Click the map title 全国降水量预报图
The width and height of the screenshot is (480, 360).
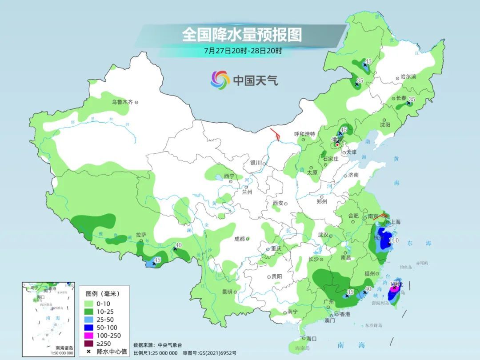pos(242,34)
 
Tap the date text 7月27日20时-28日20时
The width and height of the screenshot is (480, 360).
pos(243,50)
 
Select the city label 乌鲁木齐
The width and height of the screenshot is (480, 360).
pos(122,102)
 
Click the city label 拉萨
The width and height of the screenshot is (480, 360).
pos(141,235)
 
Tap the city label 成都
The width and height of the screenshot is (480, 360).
pos(240,239)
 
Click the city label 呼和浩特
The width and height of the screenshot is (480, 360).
pos(304,134)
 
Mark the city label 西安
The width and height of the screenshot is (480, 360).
pos(278,203)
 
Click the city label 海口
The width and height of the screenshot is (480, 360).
pos(312,339)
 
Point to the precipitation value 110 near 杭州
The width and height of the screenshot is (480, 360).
pos(394,240)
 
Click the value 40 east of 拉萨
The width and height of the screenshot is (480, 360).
pos(179,245)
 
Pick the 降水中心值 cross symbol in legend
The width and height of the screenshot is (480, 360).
pos(89,351)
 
